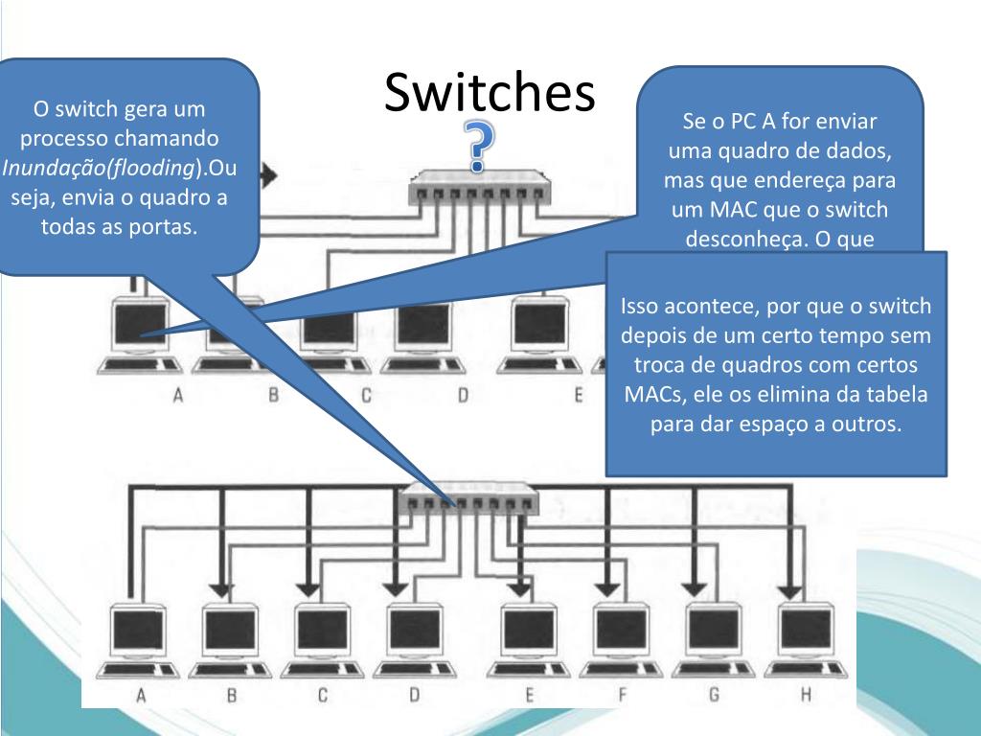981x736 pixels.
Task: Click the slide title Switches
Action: coord(490,94)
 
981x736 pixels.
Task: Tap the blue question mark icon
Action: coord(480,146)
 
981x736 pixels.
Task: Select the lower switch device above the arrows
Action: coord(468,500)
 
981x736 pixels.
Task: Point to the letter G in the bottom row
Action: coord(714,696)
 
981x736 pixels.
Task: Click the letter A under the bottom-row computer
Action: coord(142,696)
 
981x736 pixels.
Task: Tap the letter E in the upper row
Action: coord(578,395)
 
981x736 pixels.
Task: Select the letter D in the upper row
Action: coord(462,395)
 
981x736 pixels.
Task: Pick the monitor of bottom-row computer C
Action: coord(323,632)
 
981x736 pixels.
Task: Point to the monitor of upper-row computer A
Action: coord(140,326)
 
